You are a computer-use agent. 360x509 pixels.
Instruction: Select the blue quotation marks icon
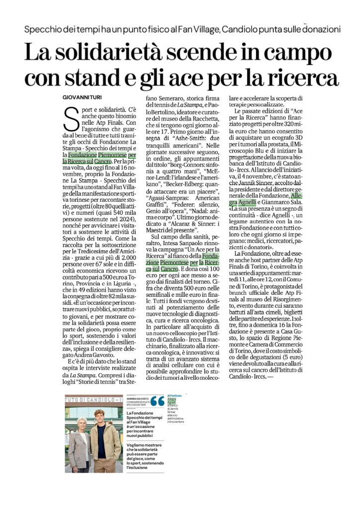[157, 401]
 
